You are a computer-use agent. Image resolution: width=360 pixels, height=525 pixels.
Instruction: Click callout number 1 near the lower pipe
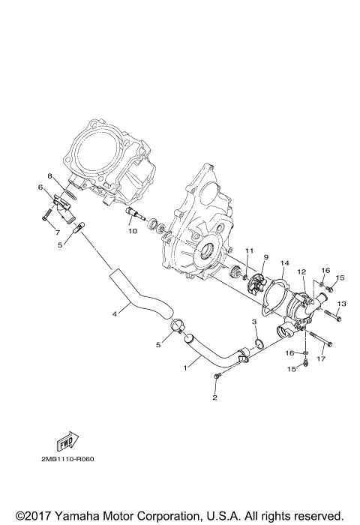coord(187,368)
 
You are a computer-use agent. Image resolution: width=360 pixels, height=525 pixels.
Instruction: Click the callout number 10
coord(132,231)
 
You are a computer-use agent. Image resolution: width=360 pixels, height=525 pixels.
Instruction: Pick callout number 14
coord(284,263)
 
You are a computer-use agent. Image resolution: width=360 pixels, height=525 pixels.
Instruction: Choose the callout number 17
coord(322,359)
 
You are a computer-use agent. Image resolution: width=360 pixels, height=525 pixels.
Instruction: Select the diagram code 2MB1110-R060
coord(78,460)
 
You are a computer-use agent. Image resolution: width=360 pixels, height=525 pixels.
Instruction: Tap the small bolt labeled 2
coord(217,374)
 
